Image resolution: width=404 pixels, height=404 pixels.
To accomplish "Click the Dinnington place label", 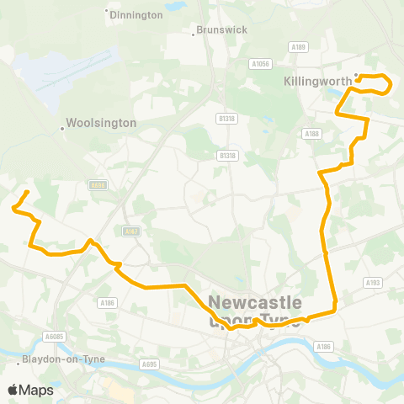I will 137,15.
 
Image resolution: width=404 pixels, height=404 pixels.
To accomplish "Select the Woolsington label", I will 104,123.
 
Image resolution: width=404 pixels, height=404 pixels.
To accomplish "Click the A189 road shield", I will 296,47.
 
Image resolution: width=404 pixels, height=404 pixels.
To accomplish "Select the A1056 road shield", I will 260,63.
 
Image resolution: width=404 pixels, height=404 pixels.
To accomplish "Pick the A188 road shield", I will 312,133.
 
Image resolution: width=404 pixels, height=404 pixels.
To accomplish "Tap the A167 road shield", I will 130,231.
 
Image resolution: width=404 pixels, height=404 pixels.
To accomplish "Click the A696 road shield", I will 97,185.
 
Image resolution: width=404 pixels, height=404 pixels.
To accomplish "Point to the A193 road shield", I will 373,283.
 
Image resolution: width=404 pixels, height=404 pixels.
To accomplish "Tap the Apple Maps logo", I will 30,390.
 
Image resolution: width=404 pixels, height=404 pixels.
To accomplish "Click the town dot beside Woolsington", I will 62,129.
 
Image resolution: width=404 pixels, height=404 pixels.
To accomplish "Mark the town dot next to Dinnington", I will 106,11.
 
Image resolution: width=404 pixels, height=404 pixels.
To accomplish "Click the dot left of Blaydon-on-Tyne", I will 19,364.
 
